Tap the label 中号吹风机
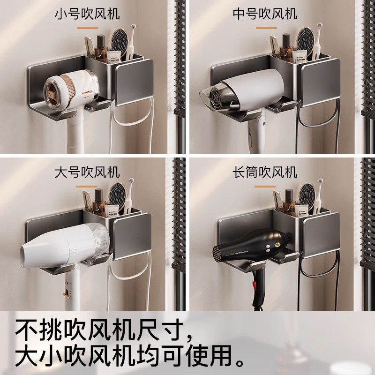tap(265, 14)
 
